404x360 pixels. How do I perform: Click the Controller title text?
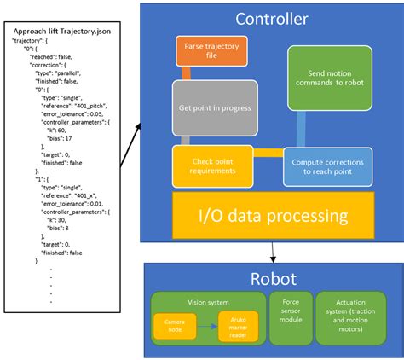272,19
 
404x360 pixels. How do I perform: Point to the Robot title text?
272,278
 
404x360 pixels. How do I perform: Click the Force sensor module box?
288,318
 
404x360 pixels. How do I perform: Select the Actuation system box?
351,318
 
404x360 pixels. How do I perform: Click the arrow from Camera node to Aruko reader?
207,324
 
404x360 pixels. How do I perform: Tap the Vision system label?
207,301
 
